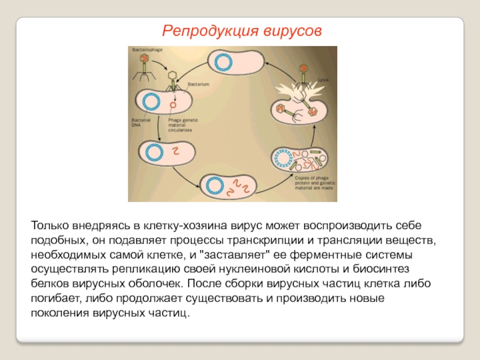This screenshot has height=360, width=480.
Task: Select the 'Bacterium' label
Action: coord(198,85)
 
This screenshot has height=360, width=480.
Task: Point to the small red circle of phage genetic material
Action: coord(173,104)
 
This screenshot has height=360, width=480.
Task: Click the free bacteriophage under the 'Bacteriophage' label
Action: coord(143,65)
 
